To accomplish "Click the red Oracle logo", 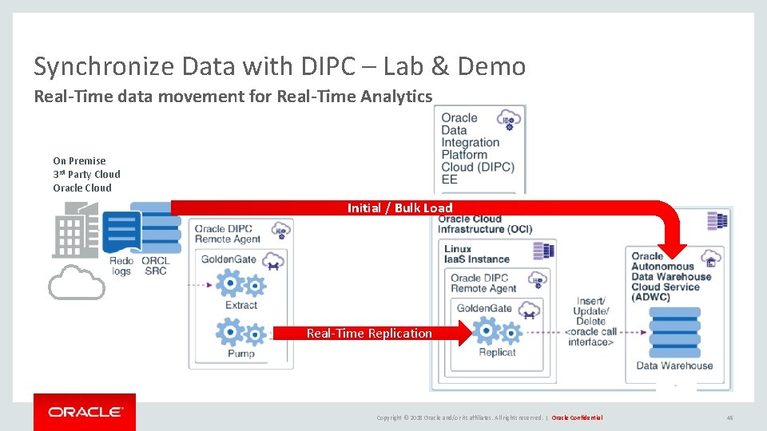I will tap(85, 412).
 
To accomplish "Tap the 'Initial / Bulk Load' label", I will tap(399, 208).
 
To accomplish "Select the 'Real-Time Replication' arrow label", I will tap(369, 334).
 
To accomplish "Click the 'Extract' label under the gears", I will tap(240, 305).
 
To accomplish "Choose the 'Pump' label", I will tap(240, 354).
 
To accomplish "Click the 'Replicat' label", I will tap(497, 352).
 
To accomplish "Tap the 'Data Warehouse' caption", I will tap(674, 366).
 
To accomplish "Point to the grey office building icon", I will tap(76, 231).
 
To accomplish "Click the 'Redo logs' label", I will tap(121, 266).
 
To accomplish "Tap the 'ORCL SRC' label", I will tap(155, 266).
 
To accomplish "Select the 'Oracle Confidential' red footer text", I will tap(577, 417).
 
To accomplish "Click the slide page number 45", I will tap(729, 417).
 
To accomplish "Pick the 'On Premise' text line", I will tap(79, 160).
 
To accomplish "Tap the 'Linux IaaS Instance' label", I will tap(476, 254).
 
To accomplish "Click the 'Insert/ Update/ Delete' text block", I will tap(591, 311).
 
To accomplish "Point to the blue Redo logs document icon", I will tap(121, 231).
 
